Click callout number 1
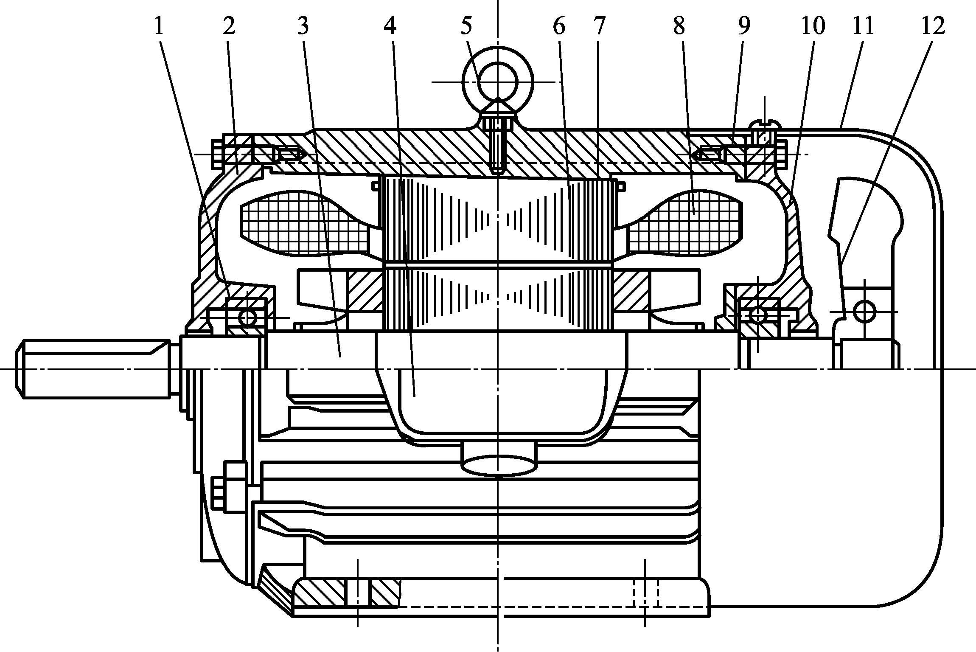point(159,26)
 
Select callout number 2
point(228,26)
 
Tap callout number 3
point(303,26)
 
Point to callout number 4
point(390,26)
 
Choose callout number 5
point(466,26)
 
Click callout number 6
point(559,26)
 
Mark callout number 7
point(598,26)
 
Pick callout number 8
point(679,26)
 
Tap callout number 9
point(743,26)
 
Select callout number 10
point(813,26)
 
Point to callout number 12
point(933,26)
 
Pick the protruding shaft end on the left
point(93,368)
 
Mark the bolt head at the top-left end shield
point(216,154)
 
